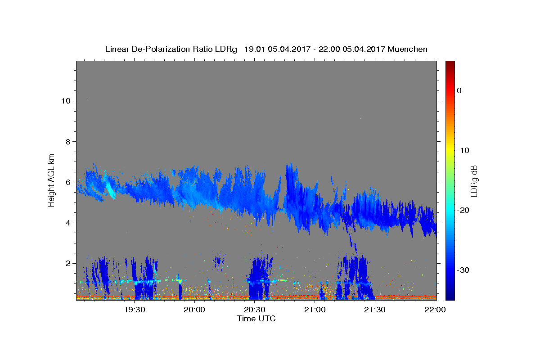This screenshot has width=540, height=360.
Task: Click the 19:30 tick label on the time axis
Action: tap(135, 310)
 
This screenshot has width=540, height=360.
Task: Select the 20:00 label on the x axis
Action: tap(194, 310)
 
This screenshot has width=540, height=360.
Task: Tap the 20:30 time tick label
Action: tap(255, 310)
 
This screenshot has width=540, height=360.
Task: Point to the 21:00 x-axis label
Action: tap(315, 310)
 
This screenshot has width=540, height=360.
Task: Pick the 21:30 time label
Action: tap(374, 310)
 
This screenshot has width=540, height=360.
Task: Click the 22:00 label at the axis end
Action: tap(435, 310)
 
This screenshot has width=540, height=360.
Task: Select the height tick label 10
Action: tap(66, 101)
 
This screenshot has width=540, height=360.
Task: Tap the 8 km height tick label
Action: tap(68, 142)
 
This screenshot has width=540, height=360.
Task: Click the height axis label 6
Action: tap(68, 182)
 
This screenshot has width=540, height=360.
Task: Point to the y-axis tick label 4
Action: tap(68, 223)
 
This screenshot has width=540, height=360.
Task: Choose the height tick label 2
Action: tap(68, 263)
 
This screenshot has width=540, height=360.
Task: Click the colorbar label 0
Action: tap(459, 90)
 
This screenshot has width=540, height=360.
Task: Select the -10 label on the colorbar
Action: tap(463, 150)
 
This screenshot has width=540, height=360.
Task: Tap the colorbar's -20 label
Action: tap(463, 210)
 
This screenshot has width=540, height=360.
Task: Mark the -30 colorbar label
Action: tap(463, 270)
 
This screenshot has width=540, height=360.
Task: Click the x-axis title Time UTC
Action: tap(256, 319)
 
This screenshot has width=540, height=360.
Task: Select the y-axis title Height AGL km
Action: tap(51, 180)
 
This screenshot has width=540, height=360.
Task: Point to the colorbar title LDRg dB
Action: tap(474, 181)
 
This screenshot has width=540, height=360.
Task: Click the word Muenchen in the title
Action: tap(407, 49)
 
